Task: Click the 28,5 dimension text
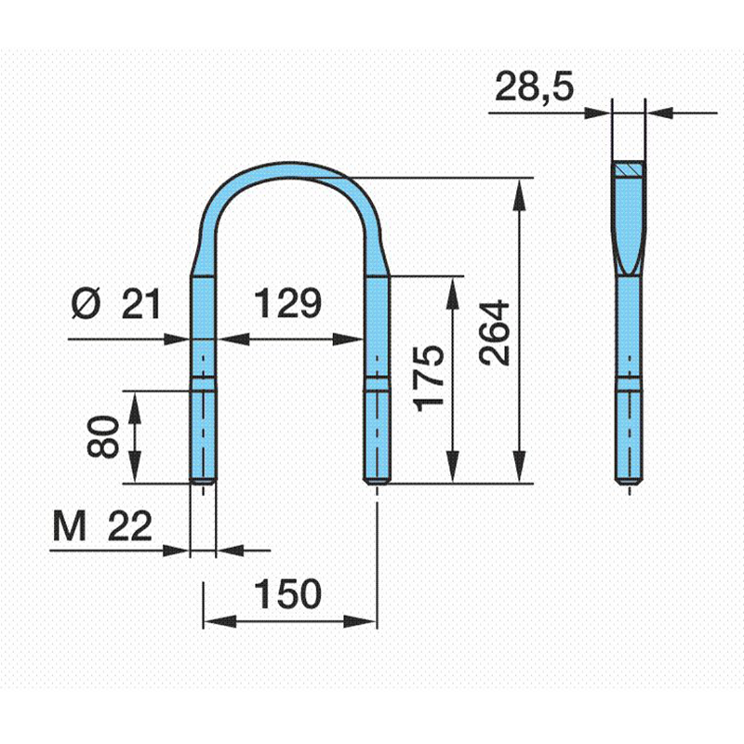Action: pos(534,87)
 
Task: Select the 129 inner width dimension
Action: pos(287,303)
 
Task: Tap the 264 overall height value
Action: pos(495,333)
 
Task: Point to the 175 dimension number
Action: pos(429,379)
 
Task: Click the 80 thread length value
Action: pos(103,437)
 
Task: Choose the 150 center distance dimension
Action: pos(287,593)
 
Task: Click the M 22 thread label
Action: pos(102,526)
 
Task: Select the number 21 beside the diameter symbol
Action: pos(141,304)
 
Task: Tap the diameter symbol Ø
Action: pos(86,303)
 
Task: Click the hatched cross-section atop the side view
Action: pos(629,168)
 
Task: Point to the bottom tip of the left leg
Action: pos(203,483)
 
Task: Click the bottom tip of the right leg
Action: pos(378,483)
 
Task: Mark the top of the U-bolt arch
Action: pos(290,165)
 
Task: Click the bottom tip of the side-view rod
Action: pos(630,483)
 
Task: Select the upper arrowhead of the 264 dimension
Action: pos(521,194)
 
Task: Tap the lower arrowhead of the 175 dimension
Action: pos(454,467)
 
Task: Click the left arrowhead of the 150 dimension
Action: pos(219,621)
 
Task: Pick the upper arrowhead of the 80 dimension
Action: pos(135,407)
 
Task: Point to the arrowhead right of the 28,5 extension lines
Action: pos(660,113)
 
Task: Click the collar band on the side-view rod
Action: pos(630,383)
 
